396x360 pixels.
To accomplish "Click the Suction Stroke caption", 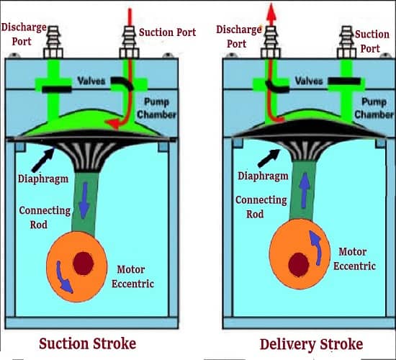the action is tap(88, 344).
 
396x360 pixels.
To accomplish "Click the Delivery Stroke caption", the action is tap(311, 345).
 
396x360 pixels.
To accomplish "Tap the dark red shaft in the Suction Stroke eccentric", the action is tap(84, 264).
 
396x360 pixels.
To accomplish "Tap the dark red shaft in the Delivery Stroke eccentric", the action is tap(299, 265).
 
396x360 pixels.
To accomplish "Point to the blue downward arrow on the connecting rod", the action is tap(84, 200).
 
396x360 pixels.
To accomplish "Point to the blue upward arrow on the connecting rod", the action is tap(305, 190).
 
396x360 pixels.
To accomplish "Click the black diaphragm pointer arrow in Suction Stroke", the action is tap(43, 160).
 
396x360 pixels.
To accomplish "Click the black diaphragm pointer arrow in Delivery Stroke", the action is tap(269, 158).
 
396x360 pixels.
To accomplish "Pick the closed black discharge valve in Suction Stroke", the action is tap(57, 89).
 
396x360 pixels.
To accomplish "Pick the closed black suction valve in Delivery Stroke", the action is tap(344, 81).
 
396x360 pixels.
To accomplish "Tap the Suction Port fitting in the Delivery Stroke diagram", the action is tap(347, 42).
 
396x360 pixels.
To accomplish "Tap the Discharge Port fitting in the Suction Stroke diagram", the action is tap(53, 42).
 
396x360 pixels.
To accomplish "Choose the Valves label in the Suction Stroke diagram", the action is tap(91, 81).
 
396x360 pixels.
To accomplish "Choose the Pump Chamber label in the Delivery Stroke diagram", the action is tap(374, 108).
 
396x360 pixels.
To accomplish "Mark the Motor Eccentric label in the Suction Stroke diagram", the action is tap(133, 276).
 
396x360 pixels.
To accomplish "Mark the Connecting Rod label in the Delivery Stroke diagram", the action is tap(261, 207).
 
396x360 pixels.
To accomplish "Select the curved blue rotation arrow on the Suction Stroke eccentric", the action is tap(63, 277).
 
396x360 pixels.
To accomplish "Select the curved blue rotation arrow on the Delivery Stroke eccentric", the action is tap(316, 248).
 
